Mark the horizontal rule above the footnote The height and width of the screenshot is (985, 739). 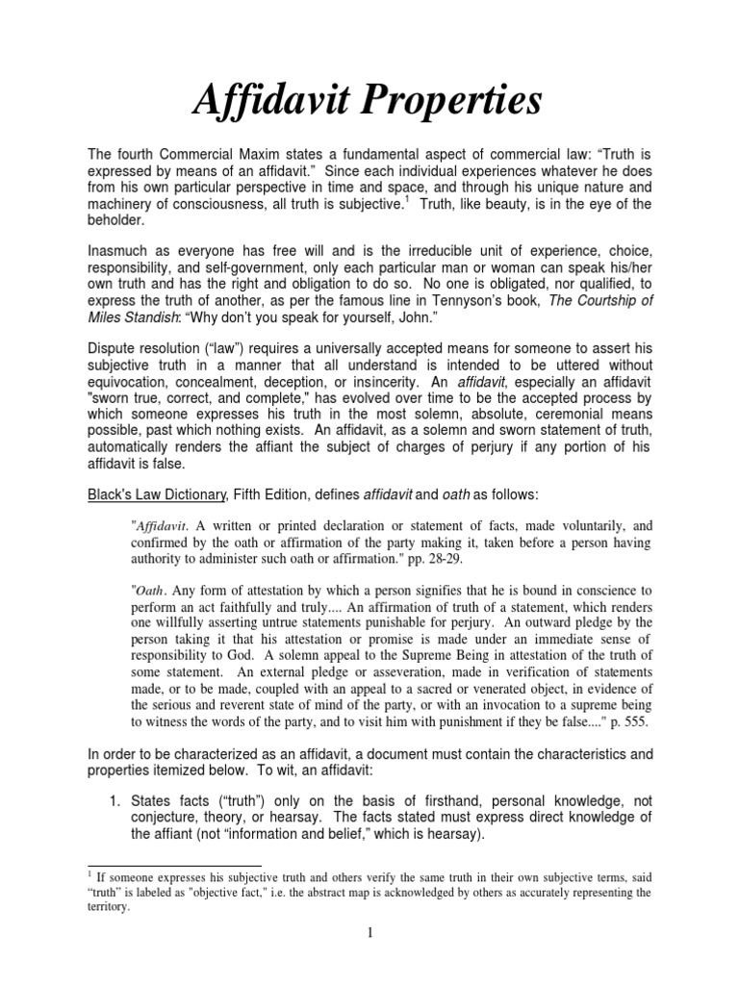173,866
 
